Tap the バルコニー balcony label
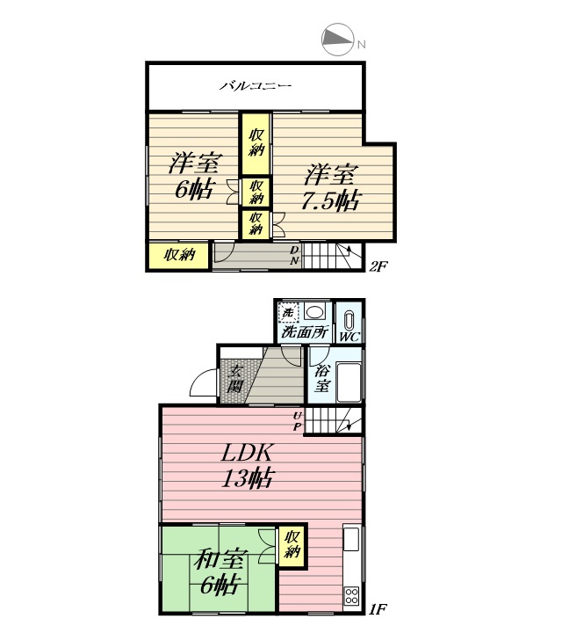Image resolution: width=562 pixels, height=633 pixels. pyautogui.click(x=256, y=85)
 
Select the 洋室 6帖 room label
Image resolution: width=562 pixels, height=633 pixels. pyautogui.click(x=194, y=176)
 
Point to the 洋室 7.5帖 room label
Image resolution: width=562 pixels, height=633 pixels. pyautogui.click(x=330, y=187)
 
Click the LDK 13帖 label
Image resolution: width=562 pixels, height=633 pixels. pyautogui.click(x=248, y=465)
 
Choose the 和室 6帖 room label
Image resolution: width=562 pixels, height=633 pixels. pyautogui.click(x=219, y=572)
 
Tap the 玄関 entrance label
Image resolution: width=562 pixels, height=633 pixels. pyautogui.click(x=235, y=379)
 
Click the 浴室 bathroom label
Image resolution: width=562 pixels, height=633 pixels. pyautogui.click(x=321, y=378)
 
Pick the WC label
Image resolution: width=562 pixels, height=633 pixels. pyautogui.click(x=349, y=337)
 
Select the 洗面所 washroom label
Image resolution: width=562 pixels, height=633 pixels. pyautogui.click(x=305, y=331)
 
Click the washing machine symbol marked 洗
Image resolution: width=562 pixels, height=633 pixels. pyautogui.click(x=288, y=312)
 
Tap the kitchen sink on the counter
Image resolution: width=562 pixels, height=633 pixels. pyautogui.click(x=351, y=538)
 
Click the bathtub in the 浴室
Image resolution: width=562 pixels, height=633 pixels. pyautogui.click(x=349, y=382)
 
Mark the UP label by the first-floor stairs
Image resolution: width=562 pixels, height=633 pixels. pyautogui.click(x=298, y=420)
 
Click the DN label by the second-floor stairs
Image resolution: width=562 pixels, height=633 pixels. pyautogui.click(x=295, y=255)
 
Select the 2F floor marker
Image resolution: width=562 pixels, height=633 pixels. pyautogui.click(x=378, y=266)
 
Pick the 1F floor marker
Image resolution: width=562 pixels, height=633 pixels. pyautogui.click(x=378, y=608)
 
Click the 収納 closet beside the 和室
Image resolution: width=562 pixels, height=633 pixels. pyautogui.click(x=292, y=544)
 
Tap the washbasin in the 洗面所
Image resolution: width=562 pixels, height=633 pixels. pyautogui.click(x=315, y=312)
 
